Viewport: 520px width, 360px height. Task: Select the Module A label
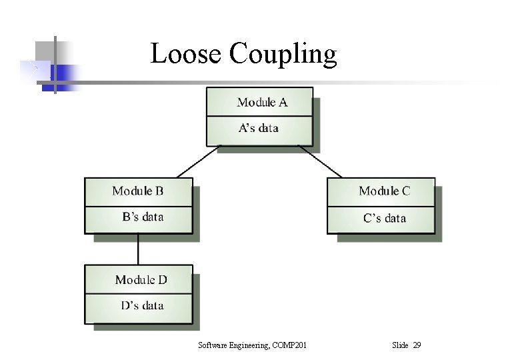point(263,102)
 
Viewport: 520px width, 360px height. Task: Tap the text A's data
point(259,128)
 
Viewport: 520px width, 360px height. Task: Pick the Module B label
point(138,191)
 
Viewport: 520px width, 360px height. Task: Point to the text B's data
point(143,217)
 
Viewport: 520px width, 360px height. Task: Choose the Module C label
point(385,191)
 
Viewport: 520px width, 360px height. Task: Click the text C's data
point(385,218)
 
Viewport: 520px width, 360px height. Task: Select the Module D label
point(141,280)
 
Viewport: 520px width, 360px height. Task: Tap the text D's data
point(142,306)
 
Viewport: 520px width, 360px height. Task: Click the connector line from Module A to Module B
point(198,161)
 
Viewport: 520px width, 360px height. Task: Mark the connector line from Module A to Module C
point(321,161)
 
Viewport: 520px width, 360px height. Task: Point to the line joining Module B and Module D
point(139,249)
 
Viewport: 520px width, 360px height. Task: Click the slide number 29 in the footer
point(417,345)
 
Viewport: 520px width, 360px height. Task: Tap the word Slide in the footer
point(401,345)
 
